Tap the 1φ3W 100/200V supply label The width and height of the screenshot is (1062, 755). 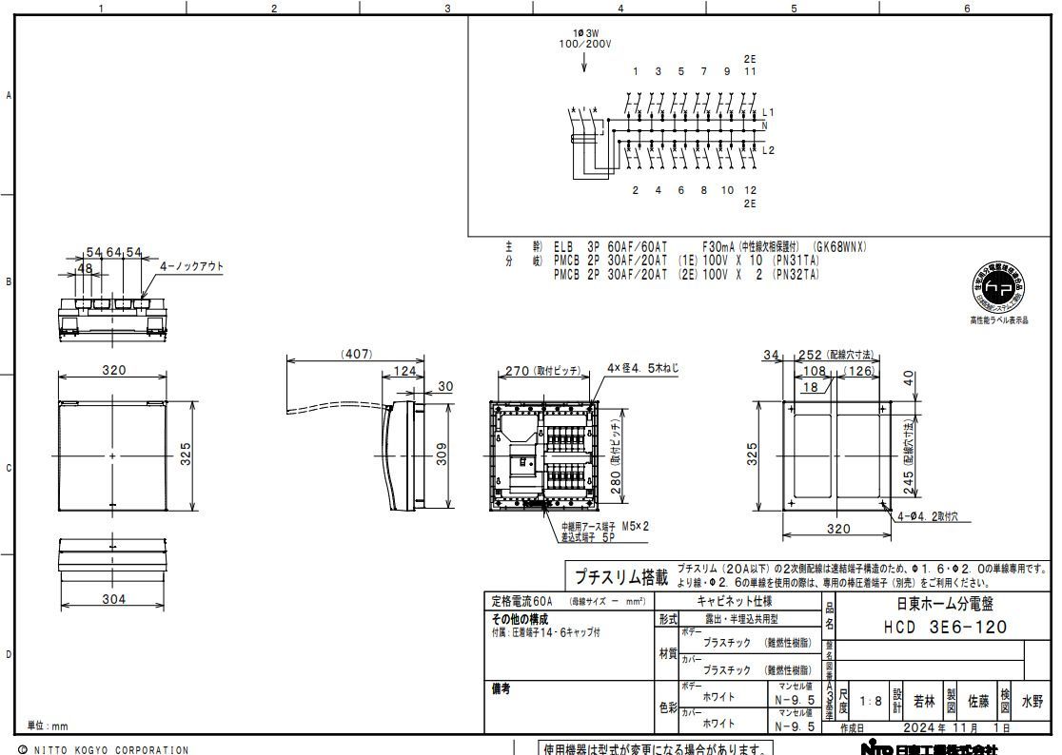[584, 39]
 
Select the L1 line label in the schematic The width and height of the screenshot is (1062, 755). [769, 112]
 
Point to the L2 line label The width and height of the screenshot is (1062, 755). [769, 150]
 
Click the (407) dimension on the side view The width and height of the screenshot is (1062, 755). [356, 354]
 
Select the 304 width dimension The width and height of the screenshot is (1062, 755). [113, 599]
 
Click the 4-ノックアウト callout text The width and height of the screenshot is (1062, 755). [192, 266]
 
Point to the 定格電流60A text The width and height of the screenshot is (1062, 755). [521, 602]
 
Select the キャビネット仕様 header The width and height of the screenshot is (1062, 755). [736, 602]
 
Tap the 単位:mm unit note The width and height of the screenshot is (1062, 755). [48, 726]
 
